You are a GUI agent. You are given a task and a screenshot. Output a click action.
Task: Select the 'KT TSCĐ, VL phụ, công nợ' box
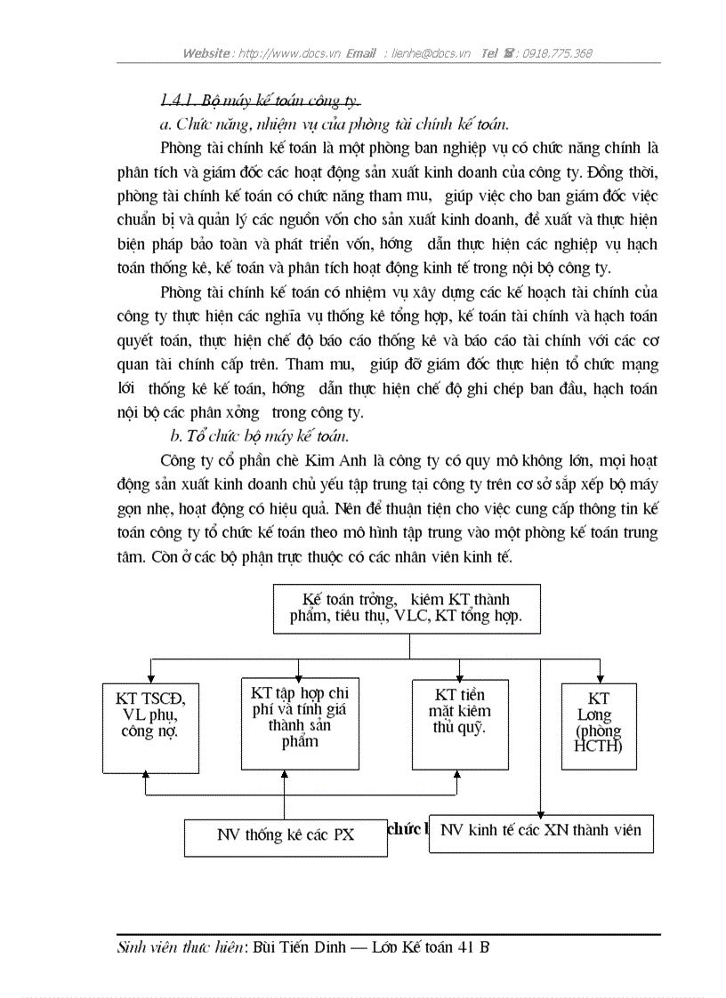[x=150, y=725]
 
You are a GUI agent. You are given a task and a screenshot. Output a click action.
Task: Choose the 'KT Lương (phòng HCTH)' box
[x=599, y=725]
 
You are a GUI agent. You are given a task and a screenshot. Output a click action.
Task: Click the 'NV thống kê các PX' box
[x=286, y=835]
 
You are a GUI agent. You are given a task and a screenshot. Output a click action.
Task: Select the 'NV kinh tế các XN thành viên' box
[x=540, y=832]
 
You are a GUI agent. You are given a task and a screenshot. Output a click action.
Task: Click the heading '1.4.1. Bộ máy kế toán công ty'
[x=260, y=100]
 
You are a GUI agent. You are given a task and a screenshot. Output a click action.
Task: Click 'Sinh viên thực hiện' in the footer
[x=181, y=947]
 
